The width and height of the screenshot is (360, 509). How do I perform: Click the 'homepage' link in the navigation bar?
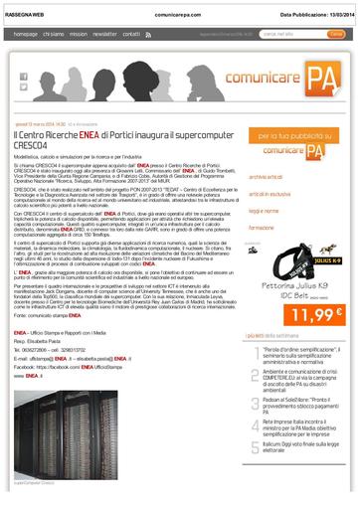(x=26, y=34)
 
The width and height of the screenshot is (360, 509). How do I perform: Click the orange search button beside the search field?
(x=336, y=34)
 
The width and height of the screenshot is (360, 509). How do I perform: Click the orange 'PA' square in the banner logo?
(x=319, y=74)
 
